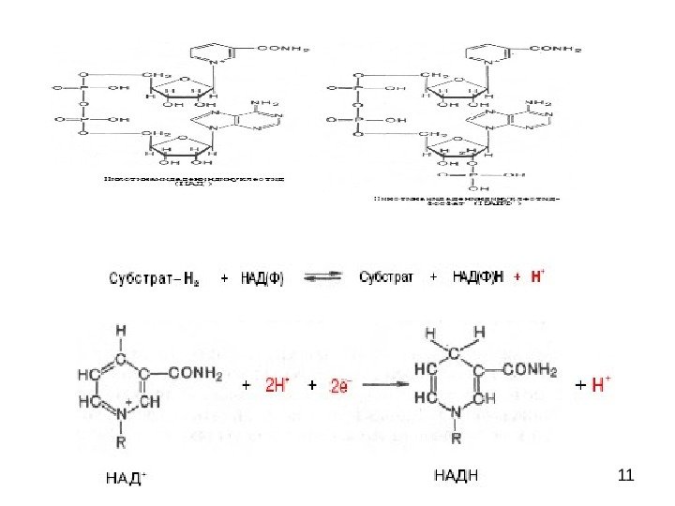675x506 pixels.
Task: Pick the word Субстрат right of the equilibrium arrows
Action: [x=388, y=277]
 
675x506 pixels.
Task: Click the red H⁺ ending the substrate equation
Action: [x=537, y=276]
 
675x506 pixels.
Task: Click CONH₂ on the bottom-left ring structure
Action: [x=195, y=375]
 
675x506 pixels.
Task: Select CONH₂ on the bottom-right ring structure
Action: [x=528, y=369]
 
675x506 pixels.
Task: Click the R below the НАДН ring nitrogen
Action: [x=457, y=437]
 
